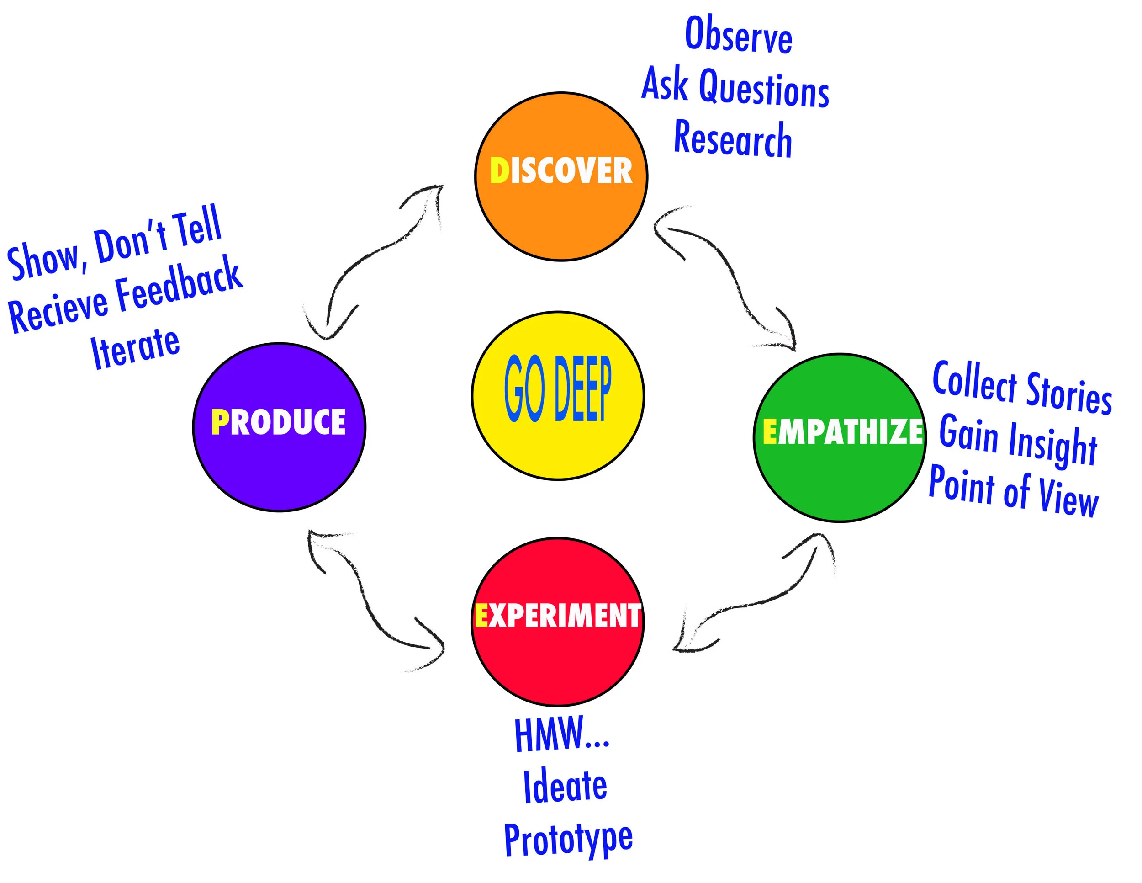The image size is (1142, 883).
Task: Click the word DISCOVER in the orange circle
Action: click(561, 171)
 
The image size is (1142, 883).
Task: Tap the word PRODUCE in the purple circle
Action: click(279, 422)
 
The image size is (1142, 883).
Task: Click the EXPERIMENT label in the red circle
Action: click(557, 615)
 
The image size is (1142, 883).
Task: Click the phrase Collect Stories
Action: click(1022, 387)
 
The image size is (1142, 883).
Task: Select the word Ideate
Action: click(565, 786)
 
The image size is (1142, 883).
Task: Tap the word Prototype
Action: click(568, 839)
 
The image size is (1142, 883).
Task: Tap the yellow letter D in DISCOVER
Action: click(499, 171)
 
